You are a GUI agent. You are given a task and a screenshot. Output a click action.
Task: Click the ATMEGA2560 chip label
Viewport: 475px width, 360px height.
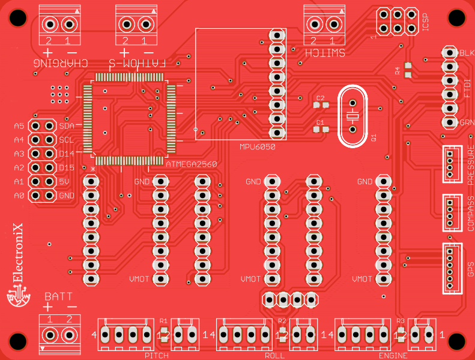[191, 163]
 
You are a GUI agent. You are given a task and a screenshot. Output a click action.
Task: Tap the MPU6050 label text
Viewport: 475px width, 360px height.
[257, 147]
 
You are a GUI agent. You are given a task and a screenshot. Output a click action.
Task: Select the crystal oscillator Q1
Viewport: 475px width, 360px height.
[352, 115]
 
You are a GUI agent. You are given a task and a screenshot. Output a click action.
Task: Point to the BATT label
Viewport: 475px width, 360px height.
[58, 296]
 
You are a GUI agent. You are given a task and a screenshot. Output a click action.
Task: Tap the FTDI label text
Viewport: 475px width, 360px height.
[467, 89]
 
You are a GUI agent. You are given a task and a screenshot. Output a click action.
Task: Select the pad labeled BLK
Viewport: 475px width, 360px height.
[449, 53]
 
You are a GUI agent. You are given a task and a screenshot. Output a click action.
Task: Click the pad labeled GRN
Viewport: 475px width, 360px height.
[449, 122]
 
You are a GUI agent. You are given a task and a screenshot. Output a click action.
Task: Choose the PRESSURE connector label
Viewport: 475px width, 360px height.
[471, 163]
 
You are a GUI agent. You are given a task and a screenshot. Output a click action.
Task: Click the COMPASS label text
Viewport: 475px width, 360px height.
[471, 213]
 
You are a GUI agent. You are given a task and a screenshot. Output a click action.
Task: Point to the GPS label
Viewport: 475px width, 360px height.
[471, 268]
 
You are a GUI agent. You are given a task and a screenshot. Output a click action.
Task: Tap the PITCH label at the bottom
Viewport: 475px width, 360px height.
[156, 356]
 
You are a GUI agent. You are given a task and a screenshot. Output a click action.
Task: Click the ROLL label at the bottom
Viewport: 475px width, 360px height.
[274, 356]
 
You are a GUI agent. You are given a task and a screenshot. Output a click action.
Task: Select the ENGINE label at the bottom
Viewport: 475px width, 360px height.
[393, 356]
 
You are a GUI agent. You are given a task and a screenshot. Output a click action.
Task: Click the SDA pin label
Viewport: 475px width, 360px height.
[66, 126]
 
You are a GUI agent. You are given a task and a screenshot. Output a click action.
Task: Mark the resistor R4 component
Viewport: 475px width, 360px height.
[408, 71]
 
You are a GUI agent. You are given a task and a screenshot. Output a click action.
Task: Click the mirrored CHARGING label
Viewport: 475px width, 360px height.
[61, 62]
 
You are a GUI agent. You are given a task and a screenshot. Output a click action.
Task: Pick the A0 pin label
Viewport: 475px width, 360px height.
[19, 196]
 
